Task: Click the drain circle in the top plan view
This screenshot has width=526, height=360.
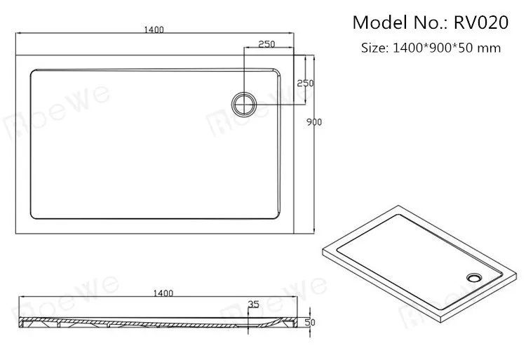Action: pos(244,102)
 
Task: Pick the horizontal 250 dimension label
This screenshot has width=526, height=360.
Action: pos(265,44)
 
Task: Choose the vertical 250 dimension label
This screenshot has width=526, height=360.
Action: pos(305,84)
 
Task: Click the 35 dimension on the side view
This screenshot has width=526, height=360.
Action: pos(253,305)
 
